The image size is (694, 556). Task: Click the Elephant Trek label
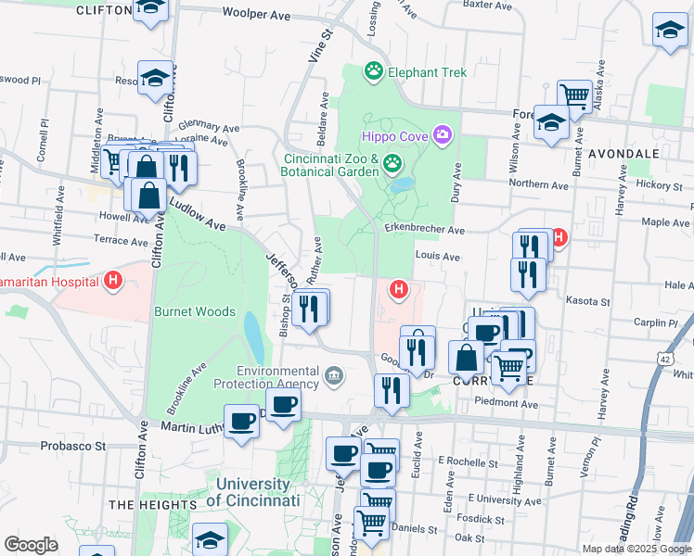point(427,71)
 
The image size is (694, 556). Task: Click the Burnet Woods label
point(195,312)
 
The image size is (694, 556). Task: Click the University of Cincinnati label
point(258,491)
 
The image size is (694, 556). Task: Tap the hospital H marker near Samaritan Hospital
point(113,280)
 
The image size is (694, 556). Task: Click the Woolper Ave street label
point(256,15)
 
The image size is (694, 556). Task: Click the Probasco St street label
point(74,445)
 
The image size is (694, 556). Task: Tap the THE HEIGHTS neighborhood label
point(149,504)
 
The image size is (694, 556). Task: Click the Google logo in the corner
point(31,545)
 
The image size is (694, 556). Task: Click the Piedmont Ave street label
point(506,404)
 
